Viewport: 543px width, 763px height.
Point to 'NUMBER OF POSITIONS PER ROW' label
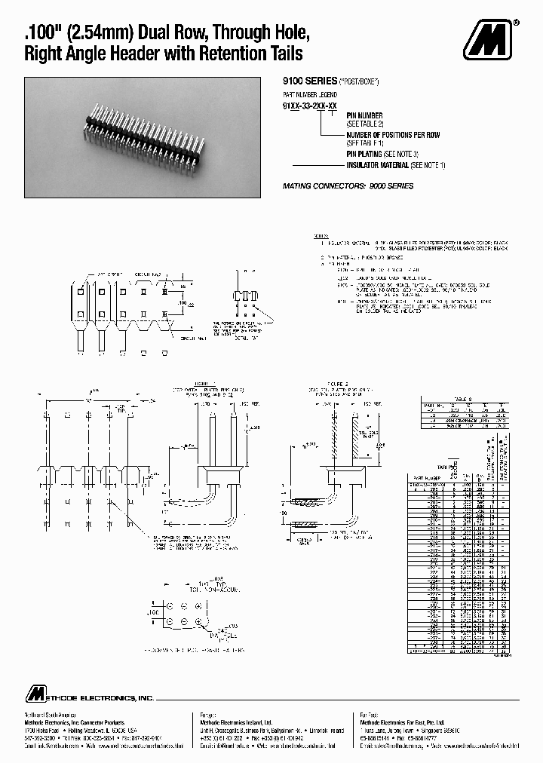tap(392, 135)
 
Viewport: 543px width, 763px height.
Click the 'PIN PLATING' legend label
tap(369, 153)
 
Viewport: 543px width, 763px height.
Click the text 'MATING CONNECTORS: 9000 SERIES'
tap(348, 185)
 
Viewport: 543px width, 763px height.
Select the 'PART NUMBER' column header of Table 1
tap(426, 478)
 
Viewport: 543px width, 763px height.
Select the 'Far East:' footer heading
tap(367, 714)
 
